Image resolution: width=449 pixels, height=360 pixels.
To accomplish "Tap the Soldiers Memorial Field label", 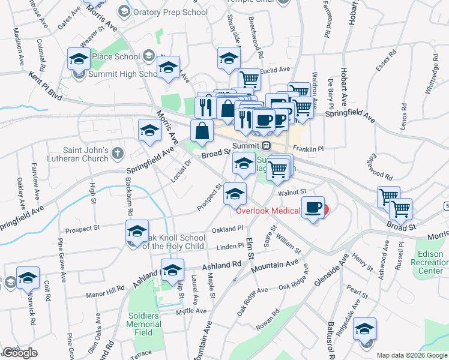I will [x=144, y=324].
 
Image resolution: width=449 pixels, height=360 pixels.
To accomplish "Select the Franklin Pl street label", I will [x=308, y=148].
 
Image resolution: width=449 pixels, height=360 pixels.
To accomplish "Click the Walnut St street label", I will [x=292, y=192].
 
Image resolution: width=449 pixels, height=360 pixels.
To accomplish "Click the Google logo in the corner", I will [x=20, y=353].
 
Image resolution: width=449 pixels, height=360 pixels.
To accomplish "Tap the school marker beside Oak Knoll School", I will [x=137, y=232].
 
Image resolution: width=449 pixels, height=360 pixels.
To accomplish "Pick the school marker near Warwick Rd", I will [x=28, y=278].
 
